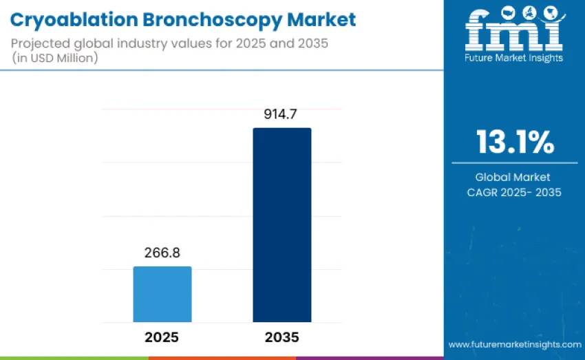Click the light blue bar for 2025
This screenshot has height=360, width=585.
162,294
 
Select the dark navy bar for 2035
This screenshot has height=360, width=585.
281,224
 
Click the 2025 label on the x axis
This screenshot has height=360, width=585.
162,338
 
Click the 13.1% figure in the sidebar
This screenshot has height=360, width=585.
515,142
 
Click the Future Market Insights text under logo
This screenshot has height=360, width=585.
514,58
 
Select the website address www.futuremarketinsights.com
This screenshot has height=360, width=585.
515,344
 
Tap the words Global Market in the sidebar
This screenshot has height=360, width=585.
515,178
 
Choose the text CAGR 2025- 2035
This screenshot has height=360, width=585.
515,193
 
